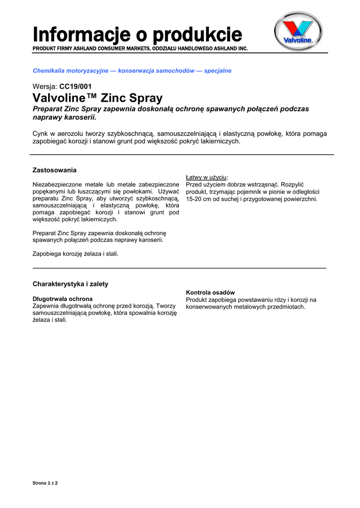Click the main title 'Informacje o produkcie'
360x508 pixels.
pyautogui.click(x=138, y=34)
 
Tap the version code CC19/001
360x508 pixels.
pyautogui.click(x=75, y=86)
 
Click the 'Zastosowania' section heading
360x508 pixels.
pyautogui.click(x=55, y=170)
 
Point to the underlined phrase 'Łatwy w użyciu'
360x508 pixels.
pyautogui.click(x=207, y=177)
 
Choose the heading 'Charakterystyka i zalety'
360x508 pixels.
pyautogui.click(x=70, y=284)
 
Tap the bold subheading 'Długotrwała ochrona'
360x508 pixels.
pyautogui.click(x=63, y=299)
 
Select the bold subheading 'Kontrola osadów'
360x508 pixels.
pyautogui.click(x=211, y=293)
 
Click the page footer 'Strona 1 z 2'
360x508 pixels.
pyautogui.click(x=45, y=482)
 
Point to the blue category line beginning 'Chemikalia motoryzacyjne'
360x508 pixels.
pyautogui.click(x=132, y=71)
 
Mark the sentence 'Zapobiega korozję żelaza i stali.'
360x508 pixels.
pyautogui.click(x=75, y=253)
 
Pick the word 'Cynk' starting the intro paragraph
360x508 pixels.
pyautogui.click(x=40, y=133)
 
